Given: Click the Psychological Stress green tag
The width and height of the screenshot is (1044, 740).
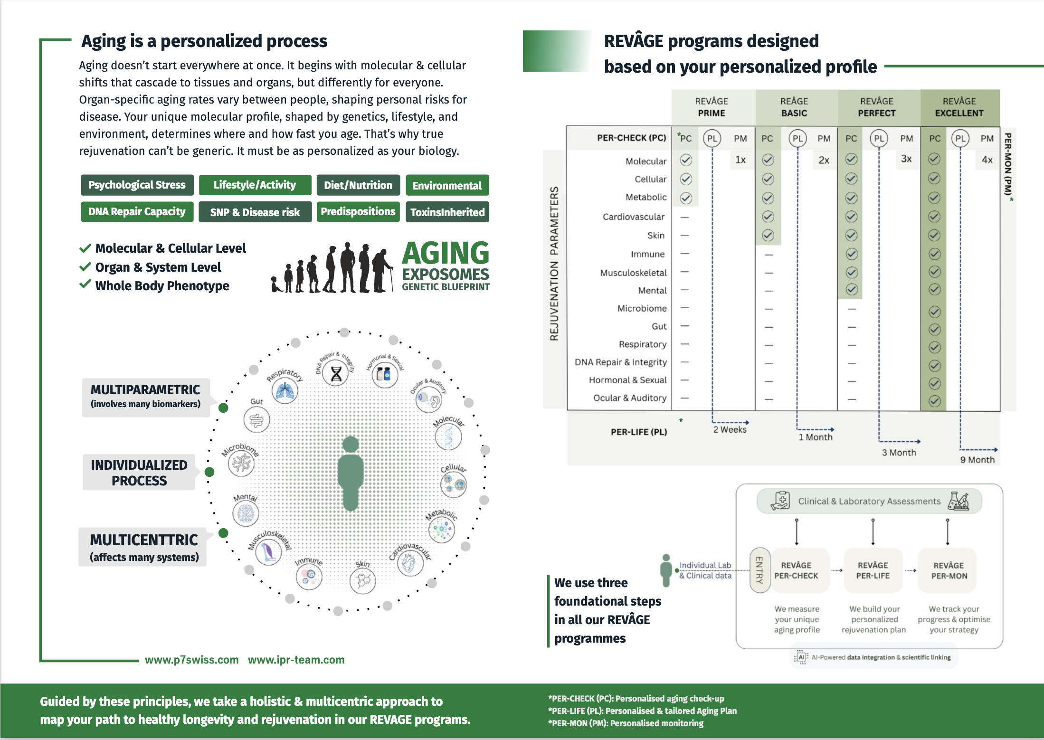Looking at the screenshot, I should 137,185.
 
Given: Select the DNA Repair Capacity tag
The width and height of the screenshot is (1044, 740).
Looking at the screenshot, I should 137,211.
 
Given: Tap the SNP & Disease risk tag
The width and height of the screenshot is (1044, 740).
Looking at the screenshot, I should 255,212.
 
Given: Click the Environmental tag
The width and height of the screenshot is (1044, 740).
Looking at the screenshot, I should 447,185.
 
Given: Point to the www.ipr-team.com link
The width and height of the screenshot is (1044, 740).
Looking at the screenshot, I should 296,660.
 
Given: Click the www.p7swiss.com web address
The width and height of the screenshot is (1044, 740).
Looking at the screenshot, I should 191,660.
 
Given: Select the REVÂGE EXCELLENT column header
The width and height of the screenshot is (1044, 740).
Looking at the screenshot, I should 959,107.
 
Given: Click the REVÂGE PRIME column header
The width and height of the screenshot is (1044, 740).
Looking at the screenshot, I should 711,107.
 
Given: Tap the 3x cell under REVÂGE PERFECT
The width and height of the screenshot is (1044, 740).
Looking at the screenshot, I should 906,159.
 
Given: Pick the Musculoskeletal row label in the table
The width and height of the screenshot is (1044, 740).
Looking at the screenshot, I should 633,273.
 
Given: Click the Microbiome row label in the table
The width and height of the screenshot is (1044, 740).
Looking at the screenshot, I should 642,308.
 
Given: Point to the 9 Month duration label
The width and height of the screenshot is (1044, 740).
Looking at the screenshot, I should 977,460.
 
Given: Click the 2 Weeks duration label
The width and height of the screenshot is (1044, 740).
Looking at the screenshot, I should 730,429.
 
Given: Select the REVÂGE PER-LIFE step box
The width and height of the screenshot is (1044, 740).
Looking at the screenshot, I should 873,570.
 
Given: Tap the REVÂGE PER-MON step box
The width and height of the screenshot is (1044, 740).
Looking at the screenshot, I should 949,570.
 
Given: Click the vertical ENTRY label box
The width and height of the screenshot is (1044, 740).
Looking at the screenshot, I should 759,570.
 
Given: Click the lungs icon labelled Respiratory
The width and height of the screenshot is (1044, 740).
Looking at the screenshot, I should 285,391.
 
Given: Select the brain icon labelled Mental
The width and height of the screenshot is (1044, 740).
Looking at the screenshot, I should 246,513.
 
